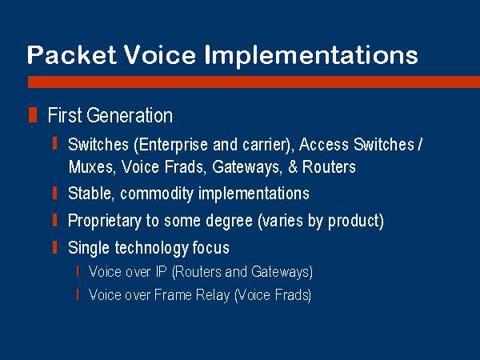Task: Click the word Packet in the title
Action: [72, 55]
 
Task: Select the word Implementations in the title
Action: [311, 56]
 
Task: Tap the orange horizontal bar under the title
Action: [254, 82]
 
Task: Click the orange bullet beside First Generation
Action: [33, 114]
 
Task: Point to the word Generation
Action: [130, 115]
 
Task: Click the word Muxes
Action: [90, 167]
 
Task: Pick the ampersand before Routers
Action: [293, 167]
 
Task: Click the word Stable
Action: [90, 194]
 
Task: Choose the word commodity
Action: [157, 194]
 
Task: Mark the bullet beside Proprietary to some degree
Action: [55, 220]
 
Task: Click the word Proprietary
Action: [104, 221]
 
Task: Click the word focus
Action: [210, 248]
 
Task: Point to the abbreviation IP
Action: [161, 271]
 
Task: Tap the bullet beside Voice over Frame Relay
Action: [78, 294]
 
